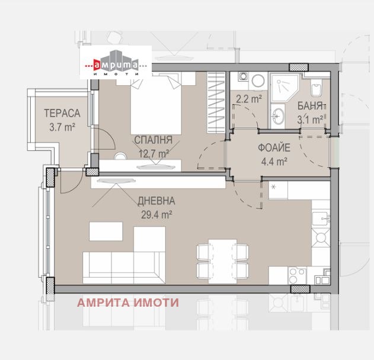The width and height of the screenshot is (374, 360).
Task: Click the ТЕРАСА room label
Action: click(x=62, y=114)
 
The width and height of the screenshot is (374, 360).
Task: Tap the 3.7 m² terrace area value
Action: click(x=62, y=127)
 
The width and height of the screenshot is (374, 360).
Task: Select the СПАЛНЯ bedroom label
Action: click(x=154, y=140)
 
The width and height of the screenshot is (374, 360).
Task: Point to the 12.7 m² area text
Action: click(x=154, y=153)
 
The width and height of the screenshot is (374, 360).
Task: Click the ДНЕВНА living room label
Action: click(x=156, y=201)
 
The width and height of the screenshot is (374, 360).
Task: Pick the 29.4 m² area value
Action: click(x=156, y=215)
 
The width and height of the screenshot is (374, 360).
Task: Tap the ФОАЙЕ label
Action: click(x=274, y=147)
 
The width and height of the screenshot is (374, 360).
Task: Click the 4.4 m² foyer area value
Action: click(x=274, y=162)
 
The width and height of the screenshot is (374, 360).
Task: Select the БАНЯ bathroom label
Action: click(x=310, y=106)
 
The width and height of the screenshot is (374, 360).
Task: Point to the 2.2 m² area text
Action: click(x=249, y=99)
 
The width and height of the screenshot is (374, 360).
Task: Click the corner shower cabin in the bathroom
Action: click(x=285, y=88)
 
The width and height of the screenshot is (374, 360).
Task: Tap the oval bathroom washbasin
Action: click(x=279, y=116)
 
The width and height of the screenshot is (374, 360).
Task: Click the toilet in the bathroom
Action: click(x=317, y=88)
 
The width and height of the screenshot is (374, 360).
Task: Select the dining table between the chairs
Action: click(x=222, y=261)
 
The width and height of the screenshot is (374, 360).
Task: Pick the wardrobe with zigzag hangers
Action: click(x=216, y=102)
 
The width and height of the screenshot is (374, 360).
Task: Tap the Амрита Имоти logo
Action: click(x=116, y=62)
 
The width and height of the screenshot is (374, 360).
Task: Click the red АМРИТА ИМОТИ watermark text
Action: click(x=128, y=303)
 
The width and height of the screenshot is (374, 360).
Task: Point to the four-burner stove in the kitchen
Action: click(x=297, y=275)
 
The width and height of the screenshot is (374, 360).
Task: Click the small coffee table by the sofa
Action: click(x=106, y=231)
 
